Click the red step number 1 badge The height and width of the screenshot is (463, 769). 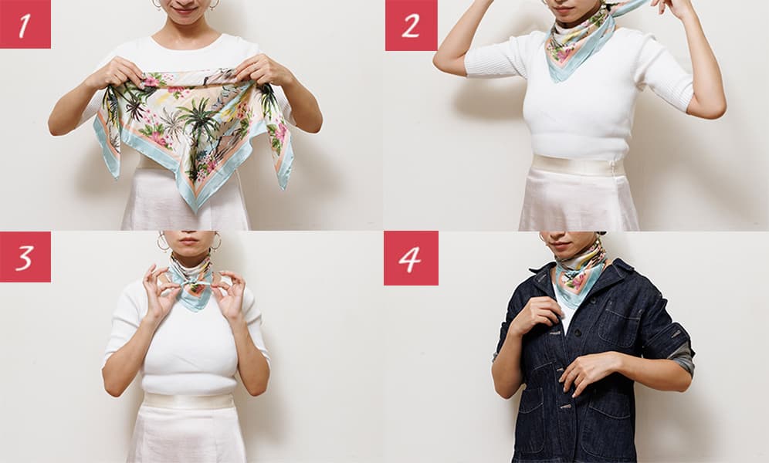tap(25, 24)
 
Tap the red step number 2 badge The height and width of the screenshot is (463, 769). tap(411, 25)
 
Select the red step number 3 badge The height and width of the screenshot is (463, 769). tap(25, 257)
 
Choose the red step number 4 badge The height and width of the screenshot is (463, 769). tap(411, 258)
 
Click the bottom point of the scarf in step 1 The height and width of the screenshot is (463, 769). tap(195, 209)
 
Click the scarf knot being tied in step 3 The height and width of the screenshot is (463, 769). tap(191, 282)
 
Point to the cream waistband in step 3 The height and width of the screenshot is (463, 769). tap(189, 400)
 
